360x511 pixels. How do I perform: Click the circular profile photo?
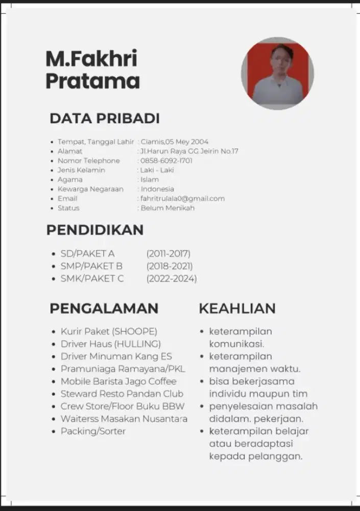coord(277,73)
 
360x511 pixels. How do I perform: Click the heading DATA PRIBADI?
coord(105,119)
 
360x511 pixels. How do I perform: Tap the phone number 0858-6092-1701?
coord(166,160)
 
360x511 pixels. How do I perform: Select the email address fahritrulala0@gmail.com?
coord(183,198)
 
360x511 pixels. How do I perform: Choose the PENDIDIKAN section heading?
coord(95,230)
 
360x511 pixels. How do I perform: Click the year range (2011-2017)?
coord(168,253)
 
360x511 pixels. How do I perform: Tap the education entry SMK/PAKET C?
coord(92,278)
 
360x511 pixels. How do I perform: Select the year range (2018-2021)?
coord(170,266)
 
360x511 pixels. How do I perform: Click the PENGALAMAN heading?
coord(104,309)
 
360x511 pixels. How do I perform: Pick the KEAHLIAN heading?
coord(237,309)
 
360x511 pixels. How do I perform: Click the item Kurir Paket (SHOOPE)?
coord(109,331)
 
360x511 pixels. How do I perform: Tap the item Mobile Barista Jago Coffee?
coord(118,381)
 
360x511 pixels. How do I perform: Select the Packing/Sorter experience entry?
coord(93,431)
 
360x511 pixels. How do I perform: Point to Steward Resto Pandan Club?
coord(122,394)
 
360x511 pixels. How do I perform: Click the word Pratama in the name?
coord(92,81)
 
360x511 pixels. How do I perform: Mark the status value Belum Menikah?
coord(167,208)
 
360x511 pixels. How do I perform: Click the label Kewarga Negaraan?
coord(90,189)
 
